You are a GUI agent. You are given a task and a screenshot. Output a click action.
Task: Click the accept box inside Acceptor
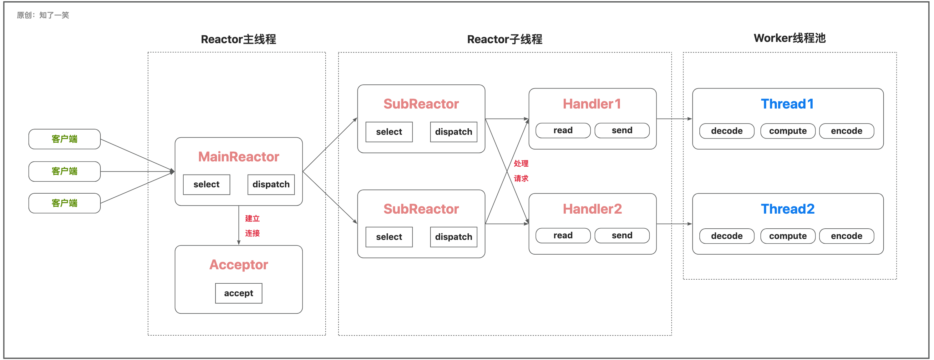coord(239,293)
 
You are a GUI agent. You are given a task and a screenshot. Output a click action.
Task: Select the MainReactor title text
coord(239,157)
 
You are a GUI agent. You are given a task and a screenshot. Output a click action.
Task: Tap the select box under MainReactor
coord(206,185)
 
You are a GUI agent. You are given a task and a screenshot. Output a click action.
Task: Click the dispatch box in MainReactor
coord(271,185)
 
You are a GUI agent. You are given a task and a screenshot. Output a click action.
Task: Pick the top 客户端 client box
coord(64,139)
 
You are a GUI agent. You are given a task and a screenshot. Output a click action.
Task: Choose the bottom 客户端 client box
coord(64,203)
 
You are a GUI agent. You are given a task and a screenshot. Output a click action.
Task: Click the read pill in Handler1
coord(563,130)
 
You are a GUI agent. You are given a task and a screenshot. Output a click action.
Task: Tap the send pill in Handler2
coord(622,236)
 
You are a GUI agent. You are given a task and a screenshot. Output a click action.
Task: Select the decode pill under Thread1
coord(727,131)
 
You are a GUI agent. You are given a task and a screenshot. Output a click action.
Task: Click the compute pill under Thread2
coord(788,236)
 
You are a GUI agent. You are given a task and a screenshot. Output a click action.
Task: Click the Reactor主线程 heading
coord(238,39)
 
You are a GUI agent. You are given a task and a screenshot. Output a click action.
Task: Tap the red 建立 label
coord(252,219)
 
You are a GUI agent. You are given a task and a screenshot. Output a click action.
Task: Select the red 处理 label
coord(521,164)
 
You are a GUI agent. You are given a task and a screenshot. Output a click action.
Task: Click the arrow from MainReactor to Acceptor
coord(239,226)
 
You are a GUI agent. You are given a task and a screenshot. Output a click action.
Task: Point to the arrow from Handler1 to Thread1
coord(674,119)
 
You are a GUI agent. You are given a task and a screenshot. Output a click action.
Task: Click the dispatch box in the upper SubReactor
coord(454,132)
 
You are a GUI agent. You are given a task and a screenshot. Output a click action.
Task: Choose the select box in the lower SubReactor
coord(389,237)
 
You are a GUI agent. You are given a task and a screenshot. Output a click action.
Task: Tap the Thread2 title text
coord(788,209)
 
